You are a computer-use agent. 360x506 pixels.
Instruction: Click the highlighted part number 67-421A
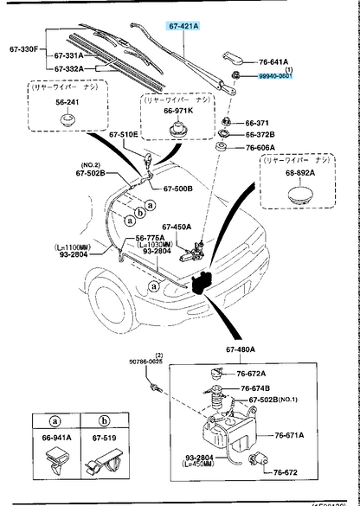tap(184, 27)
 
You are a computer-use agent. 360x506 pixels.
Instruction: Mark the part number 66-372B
tap(259, 134)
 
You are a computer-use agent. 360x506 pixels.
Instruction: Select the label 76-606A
tap(259, 150)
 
